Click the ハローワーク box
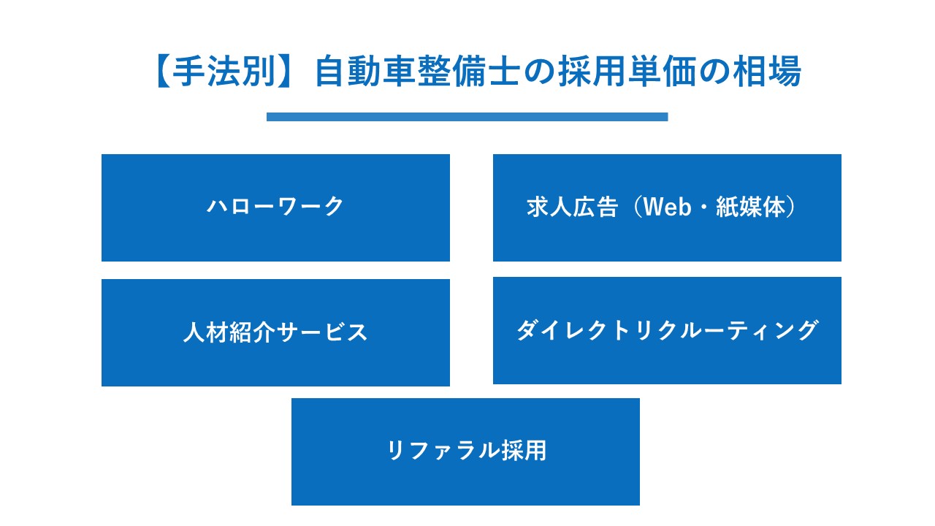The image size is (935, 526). coord(275,207)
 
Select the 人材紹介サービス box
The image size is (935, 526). coord(275,332)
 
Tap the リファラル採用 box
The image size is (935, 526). coord(465,451)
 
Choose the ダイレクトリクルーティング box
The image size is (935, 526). coord(667,330)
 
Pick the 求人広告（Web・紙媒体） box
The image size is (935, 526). coord(667,207)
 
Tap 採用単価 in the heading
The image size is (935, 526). coord(614,72)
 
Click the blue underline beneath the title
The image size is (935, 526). coord(467,117)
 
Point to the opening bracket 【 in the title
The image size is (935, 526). coord(163,72)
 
